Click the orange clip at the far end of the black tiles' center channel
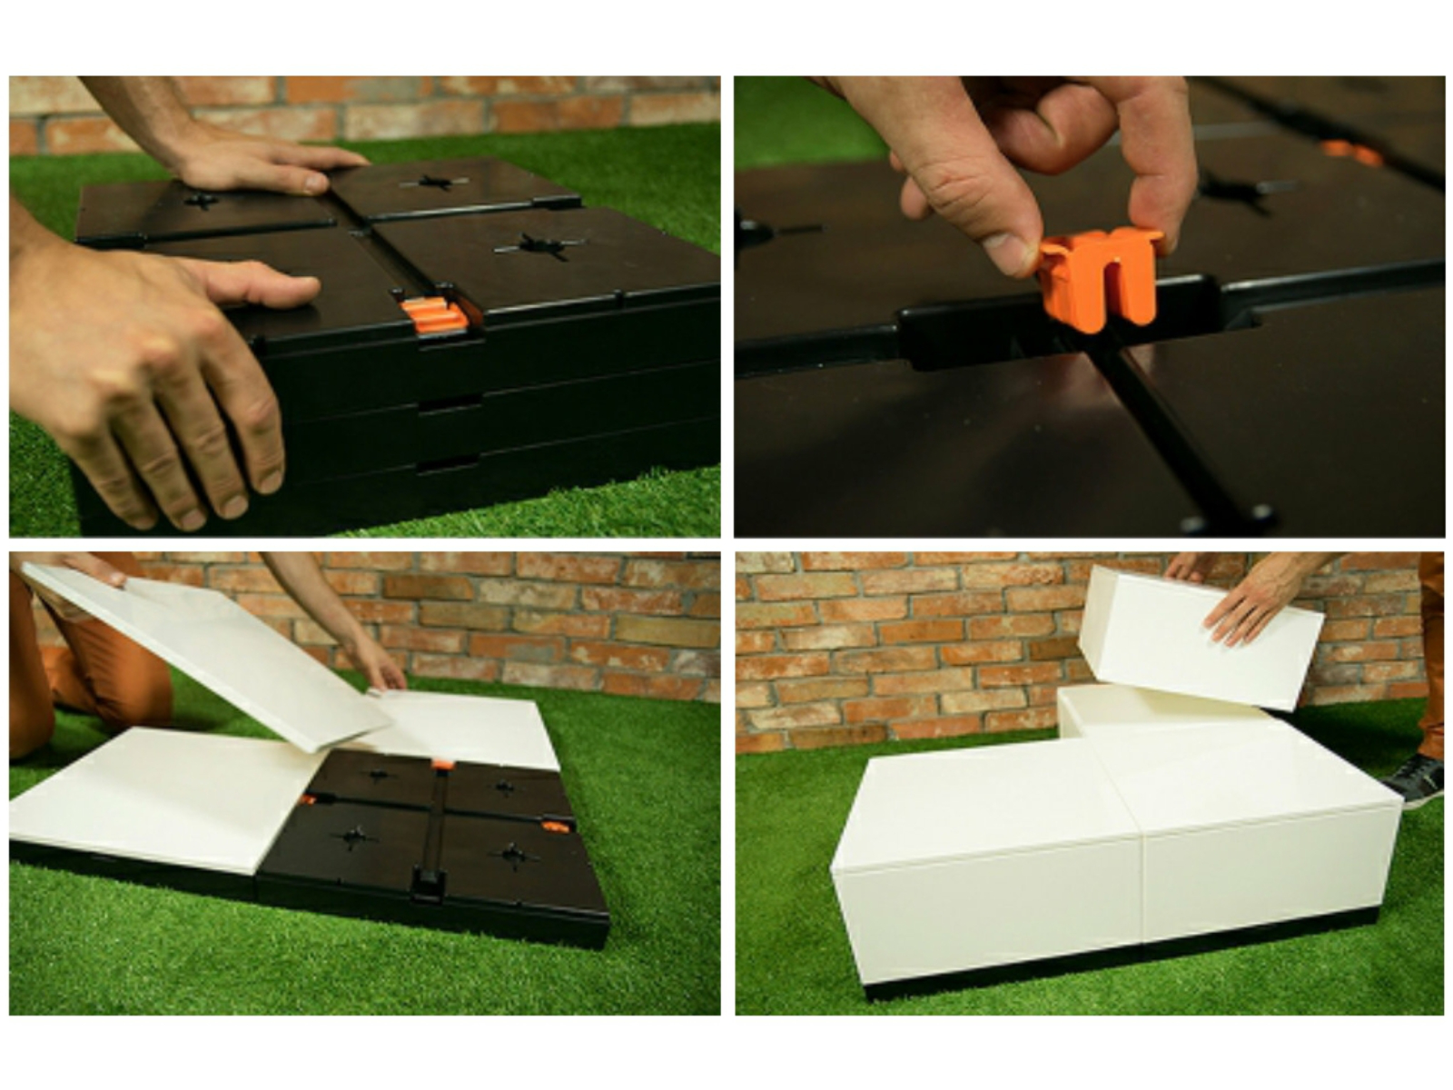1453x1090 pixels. (442, 765)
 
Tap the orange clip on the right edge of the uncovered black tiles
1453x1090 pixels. (555, 827)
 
